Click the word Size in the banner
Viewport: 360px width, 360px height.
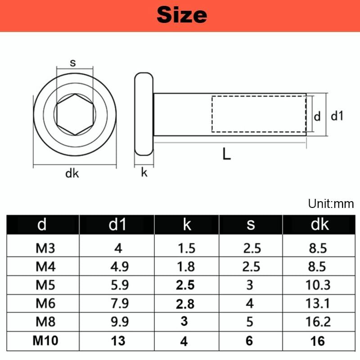click(182, 15)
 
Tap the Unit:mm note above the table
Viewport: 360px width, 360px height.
click(331, 204)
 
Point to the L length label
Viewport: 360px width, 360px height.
click(227, 153)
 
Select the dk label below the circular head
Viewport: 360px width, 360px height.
click(72, 173)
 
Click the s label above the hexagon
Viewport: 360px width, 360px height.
click(73, 63)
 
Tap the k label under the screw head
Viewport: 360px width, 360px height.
click(144, 172)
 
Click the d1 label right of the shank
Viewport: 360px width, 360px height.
click(337, 116)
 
